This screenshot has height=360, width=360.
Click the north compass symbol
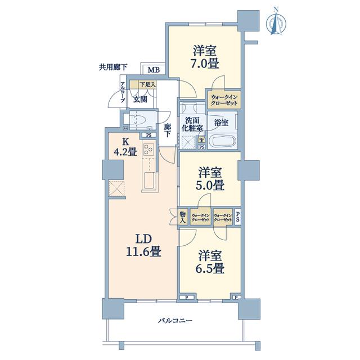(x=277, y=22)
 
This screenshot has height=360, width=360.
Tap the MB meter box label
(x=154, y=70)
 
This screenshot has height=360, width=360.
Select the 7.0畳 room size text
(x=206, y=64)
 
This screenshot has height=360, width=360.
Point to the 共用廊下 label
(x=113, y=67)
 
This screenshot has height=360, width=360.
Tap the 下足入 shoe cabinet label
(x=147, y=85)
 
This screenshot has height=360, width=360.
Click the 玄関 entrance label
(x=140, y=100)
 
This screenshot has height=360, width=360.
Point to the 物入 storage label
(x=182, y=217)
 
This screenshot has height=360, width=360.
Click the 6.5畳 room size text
(x=210, y=268)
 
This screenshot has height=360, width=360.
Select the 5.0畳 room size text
(x=210, y=185)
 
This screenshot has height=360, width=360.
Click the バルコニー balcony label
(x=175, y=321)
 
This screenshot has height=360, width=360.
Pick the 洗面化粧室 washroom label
(x=192, y=124)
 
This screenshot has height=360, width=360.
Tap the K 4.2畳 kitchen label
(x=125, y=147)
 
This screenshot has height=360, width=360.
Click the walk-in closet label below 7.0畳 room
(x=224, y=100)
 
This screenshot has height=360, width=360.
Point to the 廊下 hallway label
(x=167, y=130)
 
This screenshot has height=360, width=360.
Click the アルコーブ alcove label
(x=123, y=92)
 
